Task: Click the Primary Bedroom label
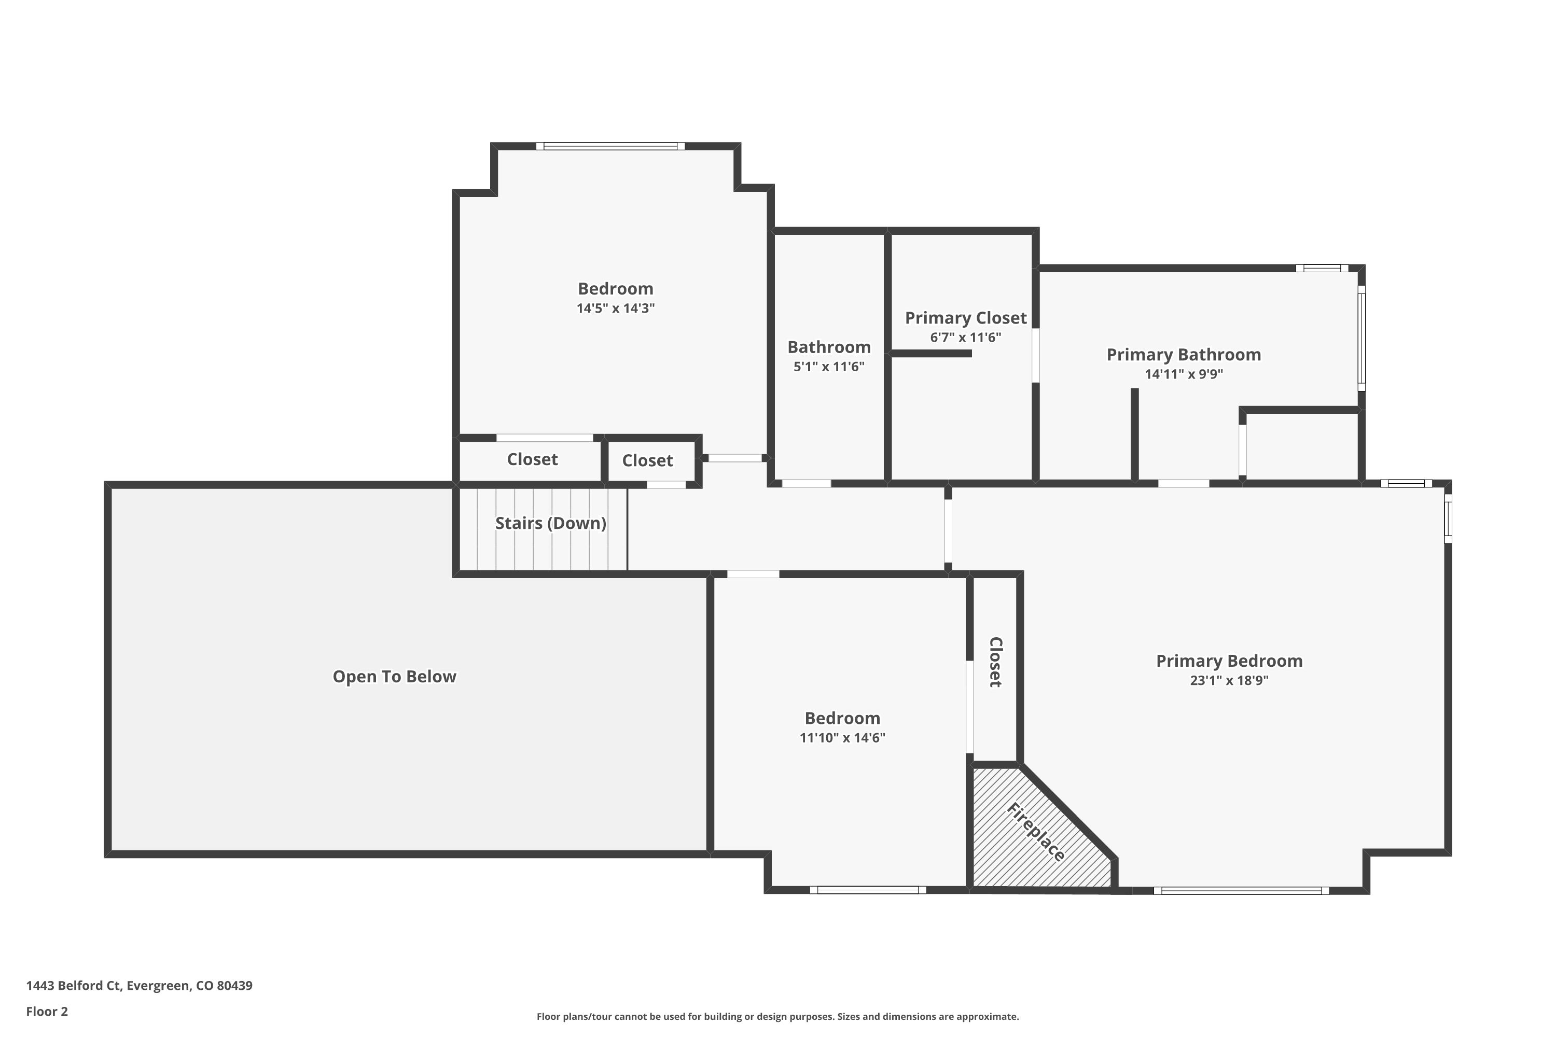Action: click(x=1229, y=661)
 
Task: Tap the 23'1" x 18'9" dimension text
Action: click(x=1229, y=680)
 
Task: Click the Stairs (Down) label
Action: click(x=550, y=523)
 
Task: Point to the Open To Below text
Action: click(x=394, y=677)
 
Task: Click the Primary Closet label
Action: click(x=965, y=318)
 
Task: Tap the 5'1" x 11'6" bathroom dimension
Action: click(x=828, y=367)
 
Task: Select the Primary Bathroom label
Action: click(x=1183, y=355)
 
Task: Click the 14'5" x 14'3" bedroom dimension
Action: click(x=615, y=308)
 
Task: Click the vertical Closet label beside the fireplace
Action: click(x=995, y=662)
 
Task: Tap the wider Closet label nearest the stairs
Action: click(x=532, y=459)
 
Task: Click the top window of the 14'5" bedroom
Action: click(x=610, y=146)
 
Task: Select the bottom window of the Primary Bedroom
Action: click(x=1241, y=891)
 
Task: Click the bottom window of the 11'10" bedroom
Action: click(x=867, y=890)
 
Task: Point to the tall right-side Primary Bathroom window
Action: click(x=1361, y=338)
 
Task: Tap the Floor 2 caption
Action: click(x=47, y=1011)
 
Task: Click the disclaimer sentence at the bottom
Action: click(x=777, y=1016)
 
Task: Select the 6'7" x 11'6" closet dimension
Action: click(x=965, y=338)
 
